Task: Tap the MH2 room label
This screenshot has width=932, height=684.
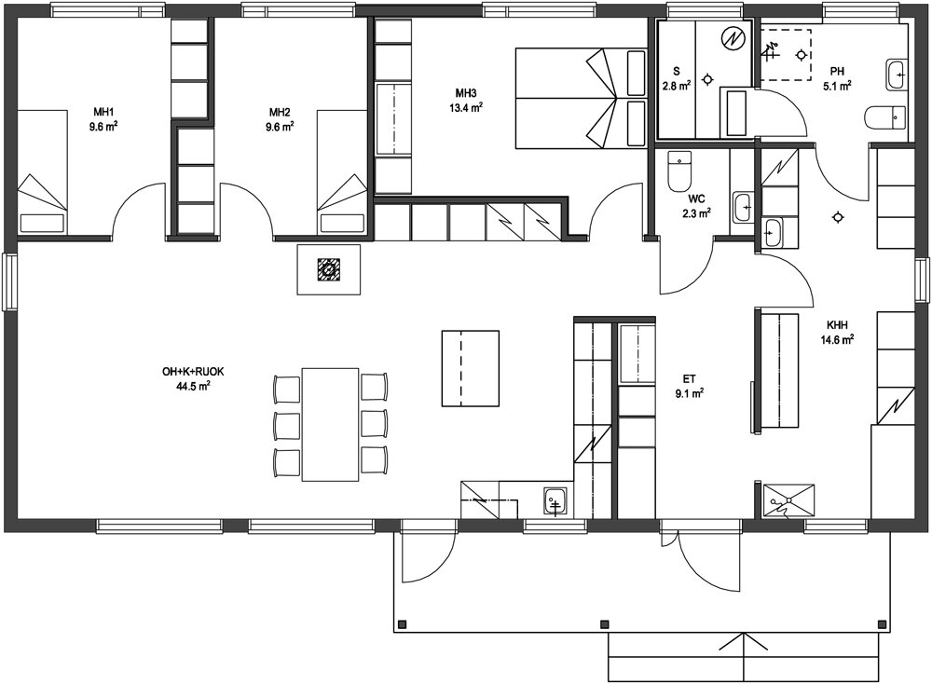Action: (280, 113)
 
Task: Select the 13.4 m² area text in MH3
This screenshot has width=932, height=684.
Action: (466, 107)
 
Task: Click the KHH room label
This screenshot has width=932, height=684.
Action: (837, 325)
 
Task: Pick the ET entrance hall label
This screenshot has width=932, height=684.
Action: (690, 378)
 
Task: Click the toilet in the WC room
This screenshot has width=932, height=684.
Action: (679, 171)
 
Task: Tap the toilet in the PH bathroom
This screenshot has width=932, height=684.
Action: (886, 117)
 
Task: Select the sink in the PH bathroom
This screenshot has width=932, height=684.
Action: (897, 75)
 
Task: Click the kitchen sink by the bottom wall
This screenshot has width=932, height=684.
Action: (555, 501)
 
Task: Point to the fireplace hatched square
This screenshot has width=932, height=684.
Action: (329, 269)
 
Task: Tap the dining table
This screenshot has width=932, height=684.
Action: (331, 424)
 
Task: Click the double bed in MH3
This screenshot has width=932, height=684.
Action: (581, 98)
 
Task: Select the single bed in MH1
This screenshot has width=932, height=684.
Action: (42, 171)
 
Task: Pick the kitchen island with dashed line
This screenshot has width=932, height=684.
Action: (470, 368)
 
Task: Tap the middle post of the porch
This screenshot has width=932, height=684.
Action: (605, 624)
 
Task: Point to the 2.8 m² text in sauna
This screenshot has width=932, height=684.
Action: (677, 86)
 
